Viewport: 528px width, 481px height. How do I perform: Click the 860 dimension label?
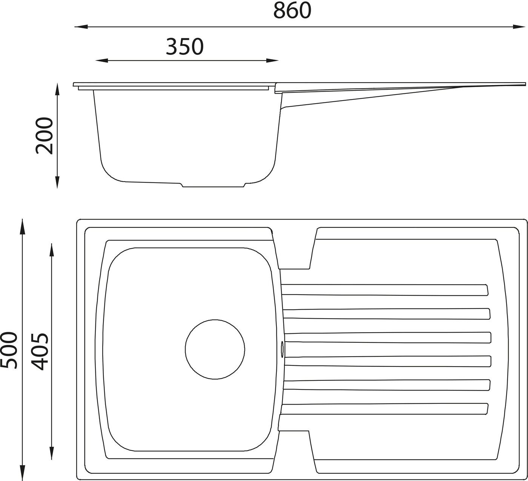point(292,11)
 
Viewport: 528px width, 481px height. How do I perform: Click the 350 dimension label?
point(185,47)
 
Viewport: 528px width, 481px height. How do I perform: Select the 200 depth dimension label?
point(44,136)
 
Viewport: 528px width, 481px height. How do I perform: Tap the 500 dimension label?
point(9,350)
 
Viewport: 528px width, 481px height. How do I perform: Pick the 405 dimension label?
point(40,351)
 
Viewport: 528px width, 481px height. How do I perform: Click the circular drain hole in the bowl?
point(215,349)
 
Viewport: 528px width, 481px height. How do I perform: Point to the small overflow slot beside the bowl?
point(282,349)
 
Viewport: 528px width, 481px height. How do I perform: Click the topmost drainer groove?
point(385,290)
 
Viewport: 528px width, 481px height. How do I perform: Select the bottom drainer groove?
point(384,409)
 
